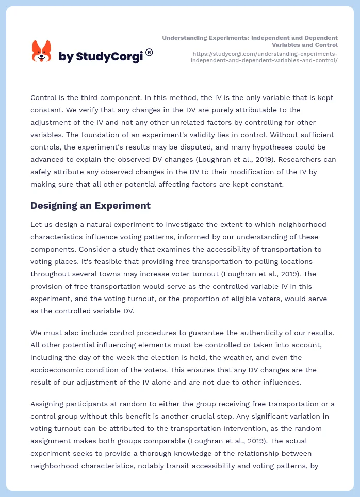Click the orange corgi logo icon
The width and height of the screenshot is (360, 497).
point(41,51)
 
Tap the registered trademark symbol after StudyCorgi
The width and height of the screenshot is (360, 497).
point(149,52)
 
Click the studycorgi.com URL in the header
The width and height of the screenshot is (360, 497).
point(264,57)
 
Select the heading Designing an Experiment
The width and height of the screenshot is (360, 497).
point(90,205)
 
